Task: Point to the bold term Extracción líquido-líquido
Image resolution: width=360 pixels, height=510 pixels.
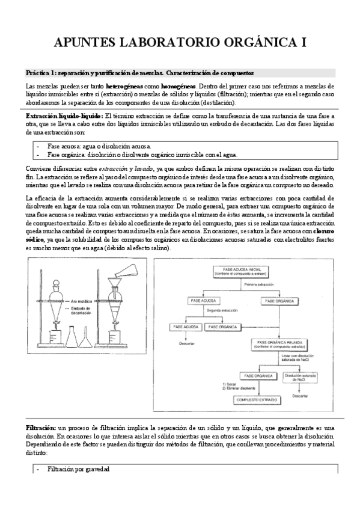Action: pos(64,115)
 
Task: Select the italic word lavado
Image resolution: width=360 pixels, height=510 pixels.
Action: pos(145,168)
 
